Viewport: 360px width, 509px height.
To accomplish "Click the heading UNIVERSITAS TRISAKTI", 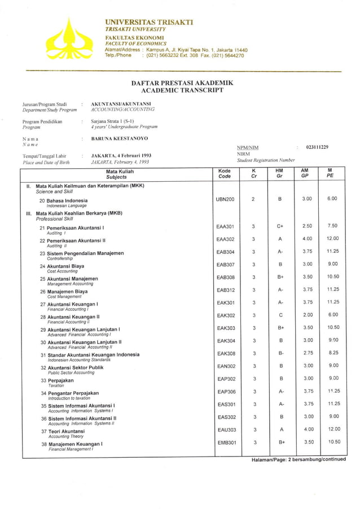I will [x=149, y=22].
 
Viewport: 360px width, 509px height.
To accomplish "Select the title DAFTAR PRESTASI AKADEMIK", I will [x=182, y=83].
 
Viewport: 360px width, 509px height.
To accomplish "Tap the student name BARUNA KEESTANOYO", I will [x=120, y=138].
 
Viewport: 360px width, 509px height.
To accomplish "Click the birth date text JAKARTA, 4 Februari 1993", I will [x=121, y=155].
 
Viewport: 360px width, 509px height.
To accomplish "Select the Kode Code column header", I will [x=225, y=173].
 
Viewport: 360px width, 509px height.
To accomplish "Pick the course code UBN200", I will [x=225, y=199].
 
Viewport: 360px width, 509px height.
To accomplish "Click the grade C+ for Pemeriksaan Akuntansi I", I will [x=280, y=226].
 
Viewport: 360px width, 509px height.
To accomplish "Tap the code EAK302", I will [x=226, y=315].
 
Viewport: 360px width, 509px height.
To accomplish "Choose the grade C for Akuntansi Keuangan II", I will [x=280, y=315].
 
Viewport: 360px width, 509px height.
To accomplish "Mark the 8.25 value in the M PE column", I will [x=333, y=353].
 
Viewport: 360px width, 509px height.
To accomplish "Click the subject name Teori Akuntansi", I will [x=65, y=431].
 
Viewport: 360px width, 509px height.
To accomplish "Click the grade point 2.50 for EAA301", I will [x=307, y=226].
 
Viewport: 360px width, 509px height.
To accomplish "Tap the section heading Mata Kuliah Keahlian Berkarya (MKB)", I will [x=79, y=214].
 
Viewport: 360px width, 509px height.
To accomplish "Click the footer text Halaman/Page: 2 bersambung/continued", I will [x=298, y=459].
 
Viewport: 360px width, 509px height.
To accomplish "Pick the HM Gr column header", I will [x=279, y=173].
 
